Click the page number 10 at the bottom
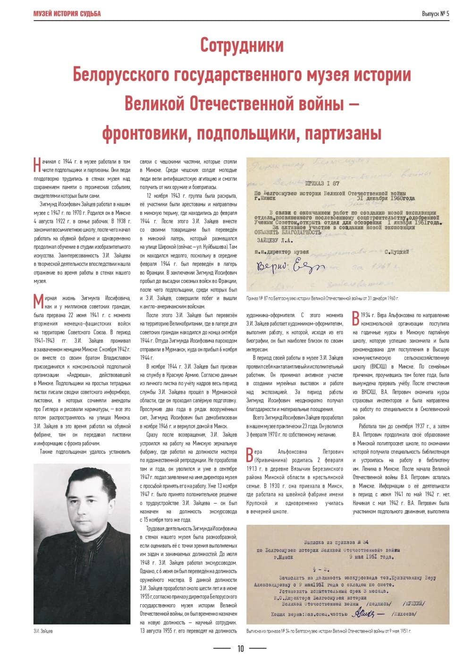[240, 649]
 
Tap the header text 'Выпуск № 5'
[435, 13]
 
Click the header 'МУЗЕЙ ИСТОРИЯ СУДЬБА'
[67, 13]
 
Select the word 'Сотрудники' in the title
[242, 45]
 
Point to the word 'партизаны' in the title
[342, 134]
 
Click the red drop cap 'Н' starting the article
[37, 165]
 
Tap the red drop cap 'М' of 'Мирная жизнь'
[38, 302]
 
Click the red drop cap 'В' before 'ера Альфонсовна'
[250, 456]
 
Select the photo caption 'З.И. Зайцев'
[43, 631]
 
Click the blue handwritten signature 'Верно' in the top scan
[290, 267]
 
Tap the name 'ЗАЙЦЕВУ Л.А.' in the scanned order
[273, 240]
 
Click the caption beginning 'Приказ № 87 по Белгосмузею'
[322, 298]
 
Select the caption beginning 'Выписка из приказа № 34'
[329, 631]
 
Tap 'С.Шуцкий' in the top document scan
[396, 252]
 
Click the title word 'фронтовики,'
[145, 134]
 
